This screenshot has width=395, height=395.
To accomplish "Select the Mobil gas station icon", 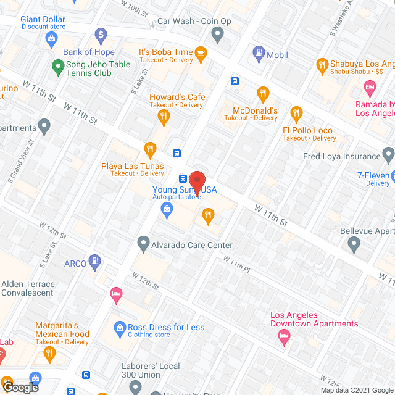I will pyautogui.click(x=258, y=54).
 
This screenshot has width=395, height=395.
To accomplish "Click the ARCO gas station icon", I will pyautogui.click(x=94, y=262).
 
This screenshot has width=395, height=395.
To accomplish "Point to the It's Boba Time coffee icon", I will pyautogui.click(x=201, y=54).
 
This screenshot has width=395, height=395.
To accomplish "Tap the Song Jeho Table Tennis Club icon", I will pyautogui.click(x=58, y=65).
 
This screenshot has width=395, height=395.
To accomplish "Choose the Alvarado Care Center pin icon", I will pyautogui.click(x=143, y=244).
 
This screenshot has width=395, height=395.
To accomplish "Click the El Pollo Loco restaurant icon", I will pyautogui.click(x=296, y=113).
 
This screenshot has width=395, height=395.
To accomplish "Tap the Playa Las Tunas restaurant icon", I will pyautogui.click(x=149, y=148).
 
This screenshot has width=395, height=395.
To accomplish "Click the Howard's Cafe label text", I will pyautogui.click(x=177, y=97).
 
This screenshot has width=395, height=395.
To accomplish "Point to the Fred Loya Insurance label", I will pyautogui.click(x=341, y=157).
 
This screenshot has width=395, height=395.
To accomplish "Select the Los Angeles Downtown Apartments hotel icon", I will pyautogui.click(x=284, y=335).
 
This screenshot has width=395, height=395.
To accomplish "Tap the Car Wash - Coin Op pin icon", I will pyautogui.click(x=217, y=35).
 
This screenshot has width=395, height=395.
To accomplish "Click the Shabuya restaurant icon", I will pyautogui.click(x=321, y=64).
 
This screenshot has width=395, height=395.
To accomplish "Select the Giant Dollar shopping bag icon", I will pyautogui.click(x=52, y=39).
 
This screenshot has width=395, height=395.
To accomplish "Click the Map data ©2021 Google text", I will pyautogui.click(x=356, y=390).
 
